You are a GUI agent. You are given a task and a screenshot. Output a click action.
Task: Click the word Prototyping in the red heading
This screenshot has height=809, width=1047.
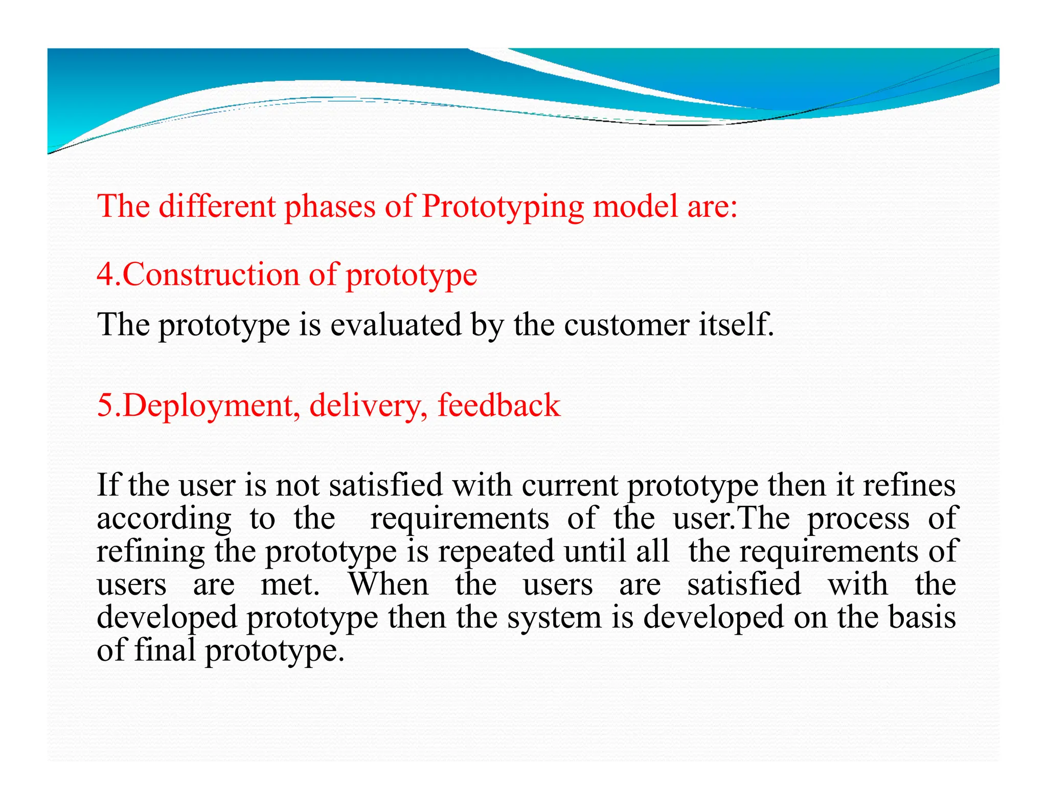pyautogui.click(x=503, y=207)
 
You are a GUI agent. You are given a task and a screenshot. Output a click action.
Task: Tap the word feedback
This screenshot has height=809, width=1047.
pyautogui.click(x=499, y=405)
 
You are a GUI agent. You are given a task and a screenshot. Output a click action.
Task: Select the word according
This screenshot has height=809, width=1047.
pyautogui.click(x=164, y=520)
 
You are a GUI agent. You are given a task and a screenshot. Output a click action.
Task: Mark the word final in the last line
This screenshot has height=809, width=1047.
pyautogui.click(x=165, y=650)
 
